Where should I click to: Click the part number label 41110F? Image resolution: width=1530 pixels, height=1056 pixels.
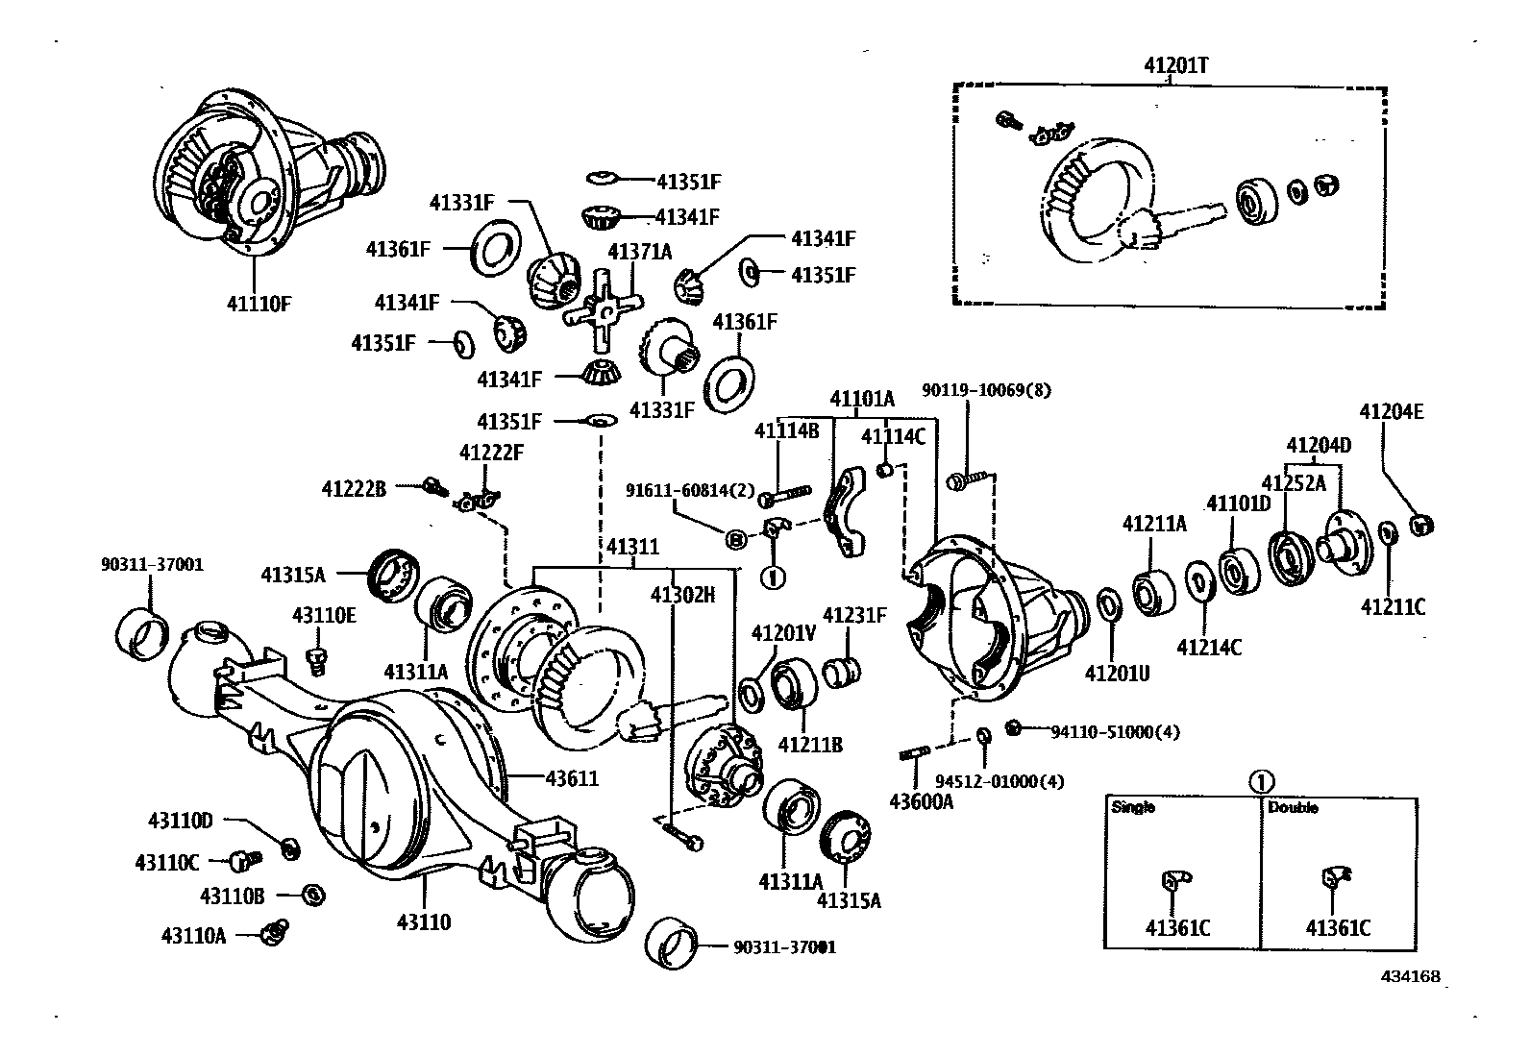(x=258, y=304)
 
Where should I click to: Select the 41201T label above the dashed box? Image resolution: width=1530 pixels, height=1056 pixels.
(x=1175, y=65)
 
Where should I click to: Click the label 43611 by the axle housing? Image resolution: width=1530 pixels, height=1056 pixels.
(x=571, y=777)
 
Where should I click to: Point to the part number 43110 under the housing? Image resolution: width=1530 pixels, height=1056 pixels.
(x=423, y=922)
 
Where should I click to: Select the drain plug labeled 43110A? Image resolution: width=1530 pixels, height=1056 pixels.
(x=276, y=930)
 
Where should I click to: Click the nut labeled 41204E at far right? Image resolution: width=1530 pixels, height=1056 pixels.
(x=1421, y=525)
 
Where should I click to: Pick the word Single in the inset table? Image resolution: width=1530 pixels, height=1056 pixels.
(x=1133, y=808)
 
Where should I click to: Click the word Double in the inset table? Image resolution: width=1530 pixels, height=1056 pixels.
(x=1293, y=808)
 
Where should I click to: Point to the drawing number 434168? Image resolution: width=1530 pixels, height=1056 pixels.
(x=1411, y=976)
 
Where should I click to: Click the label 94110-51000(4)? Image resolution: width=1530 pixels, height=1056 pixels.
(x=1115, y=731)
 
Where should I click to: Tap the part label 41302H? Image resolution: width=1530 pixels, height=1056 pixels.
(x=682, y=595)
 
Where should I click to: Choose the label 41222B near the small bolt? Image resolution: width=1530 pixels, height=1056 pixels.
(x=354, y=489)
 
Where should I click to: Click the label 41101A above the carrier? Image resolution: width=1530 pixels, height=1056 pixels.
(x=862, y=398)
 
